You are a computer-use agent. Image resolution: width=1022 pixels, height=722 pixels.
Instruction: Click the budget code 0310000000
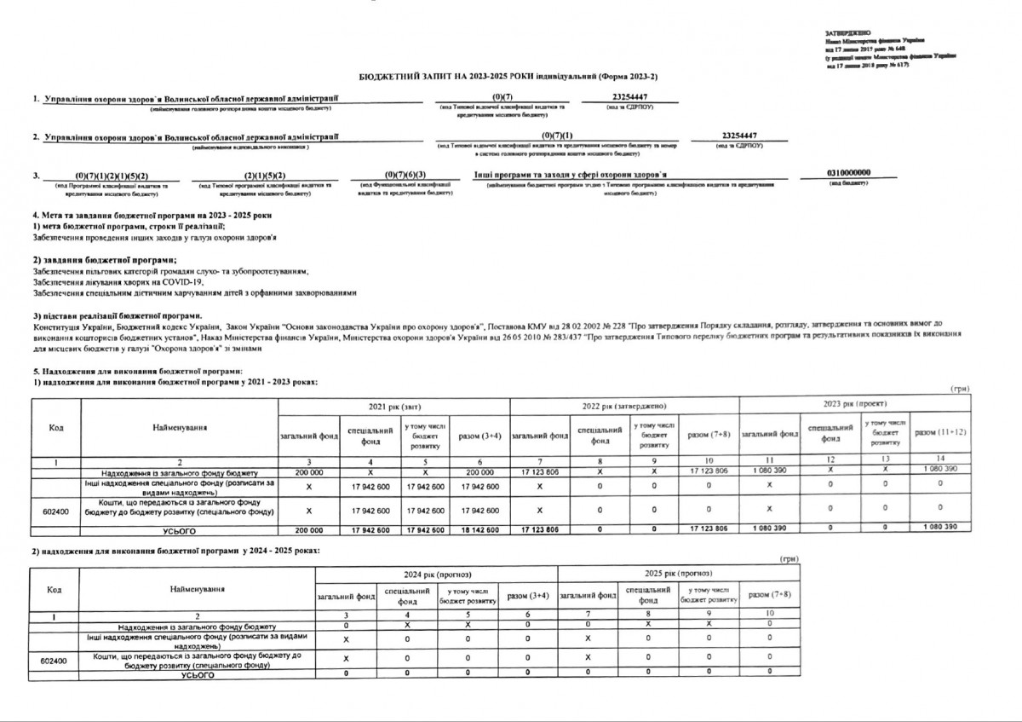pyautogui.click(x=848, y=174)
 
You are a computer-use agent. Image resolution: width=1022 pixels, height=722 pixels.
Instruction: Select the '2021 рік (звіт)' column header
pyautogui.click(x=393, y=407)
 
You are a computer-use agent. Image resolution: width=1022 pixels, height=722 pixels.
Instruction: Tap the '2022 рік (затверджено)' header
pyautogui.click(x=623, y=407)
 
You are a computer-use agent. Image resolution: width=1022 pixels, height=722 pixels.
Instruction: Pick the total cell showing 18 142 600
pyautogui.click(x=479, y=529)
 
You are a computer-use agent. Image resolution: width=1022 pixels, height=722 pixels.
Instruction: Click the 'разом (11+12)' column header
pyautogui.click(x=940, y=434)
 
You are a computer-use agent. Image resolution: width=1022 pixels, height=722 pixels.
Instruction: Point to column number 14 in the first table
pyautogui.click(x=940, y=460)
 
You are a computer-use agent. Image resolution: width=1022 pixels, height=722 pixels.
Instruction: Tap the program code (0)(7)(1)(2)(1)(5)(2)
pyautogui.click(x=111, y=175)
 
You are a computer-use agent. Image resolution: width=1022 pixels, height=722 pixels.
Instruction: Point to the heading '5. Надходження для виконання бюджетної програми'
pyautogui.click(x=136, y=371)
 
